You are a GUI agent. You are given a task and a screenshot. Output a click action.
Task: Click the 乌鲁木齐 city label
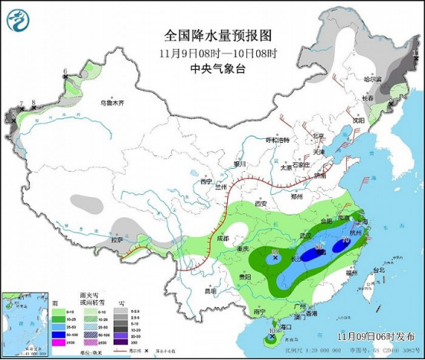[113, 102]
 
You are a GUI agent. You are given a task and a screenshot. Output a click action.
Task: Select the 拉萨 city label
[116, 240]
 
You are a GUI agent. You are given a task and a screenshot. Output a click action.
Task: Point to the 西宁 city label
[206, 182]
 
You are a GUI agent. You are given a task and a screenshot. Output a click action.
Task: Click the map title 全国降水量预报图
[218, 35]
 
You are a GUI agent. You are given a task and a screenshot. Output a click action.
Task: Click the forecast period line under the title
[218, 52]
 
